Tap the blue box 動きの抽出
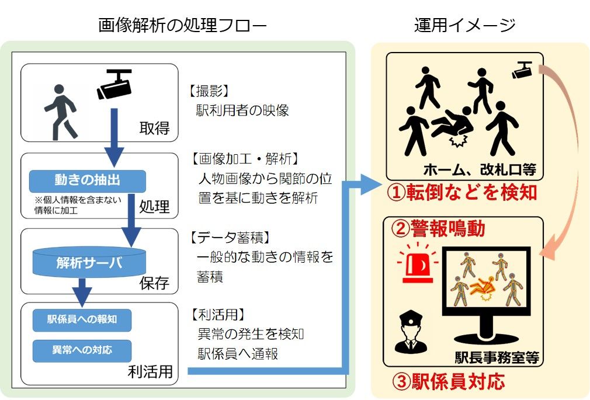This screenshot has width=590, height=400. (x=87, y=180)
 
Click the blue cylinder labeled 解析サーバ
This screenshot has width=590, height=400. (x=89, y=262)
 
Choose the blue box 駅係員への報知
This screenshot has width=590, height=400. (x=82, y=319)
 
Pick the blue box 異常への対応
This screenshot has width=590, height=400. (x=82, y=350)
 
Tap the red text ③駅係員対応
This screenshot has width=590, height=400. (x=448, y=382)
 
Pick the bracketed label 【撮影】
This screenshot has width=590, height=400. (x=209, y=92)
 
